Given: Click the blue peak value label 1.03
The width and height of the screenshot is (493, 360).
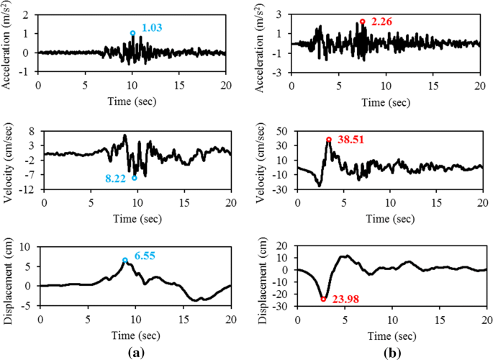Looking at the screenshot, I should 151,27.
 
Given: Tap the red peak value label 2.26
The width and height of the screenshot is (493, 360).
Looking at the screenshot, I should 381,21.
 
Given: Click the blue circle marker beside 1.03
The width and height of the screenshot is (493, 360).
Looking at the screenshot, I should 132,33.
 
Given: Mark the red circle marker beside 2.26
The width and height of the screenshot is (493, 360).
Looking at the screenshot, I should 363,22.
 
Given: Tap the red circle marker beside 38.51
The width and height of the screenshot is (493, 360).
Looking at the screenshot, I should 329,140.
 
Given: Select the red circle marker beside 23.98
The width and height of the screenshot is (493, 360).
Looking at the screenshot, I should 323,299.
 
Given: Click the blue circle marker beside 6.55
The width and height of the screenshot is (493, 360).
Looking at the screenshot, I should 125,261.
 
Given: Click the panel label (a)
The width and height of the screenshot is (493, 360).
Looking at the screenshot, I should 134,351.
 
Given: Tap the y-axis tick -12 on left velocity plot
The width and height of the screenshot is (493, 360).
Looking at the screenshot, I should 30,189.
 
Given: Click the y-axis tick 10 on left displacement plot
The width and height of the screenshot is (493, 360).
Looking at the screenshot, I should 27,247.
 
